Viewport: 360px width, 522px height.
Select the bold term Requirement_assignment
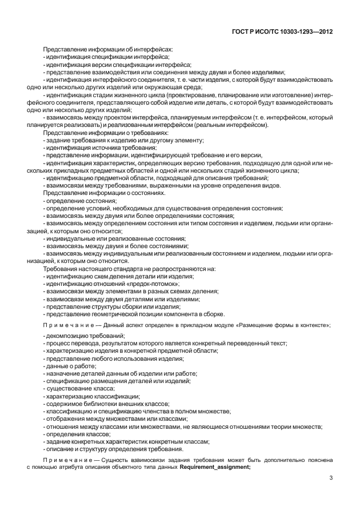pos(215,467)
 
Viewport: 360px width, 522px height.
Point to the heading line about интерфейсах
pos(107,50)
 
